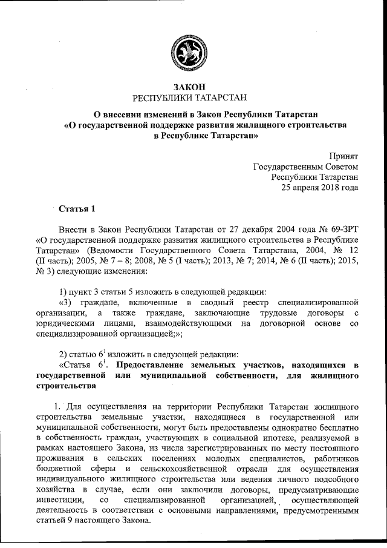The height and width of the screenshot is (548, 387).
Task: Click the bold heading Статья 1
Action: pyautogui.click(x=77, y=210)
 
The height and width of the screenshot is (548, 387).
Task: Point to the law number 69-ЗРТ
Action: pyautogui.click(x=343, y=230)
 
